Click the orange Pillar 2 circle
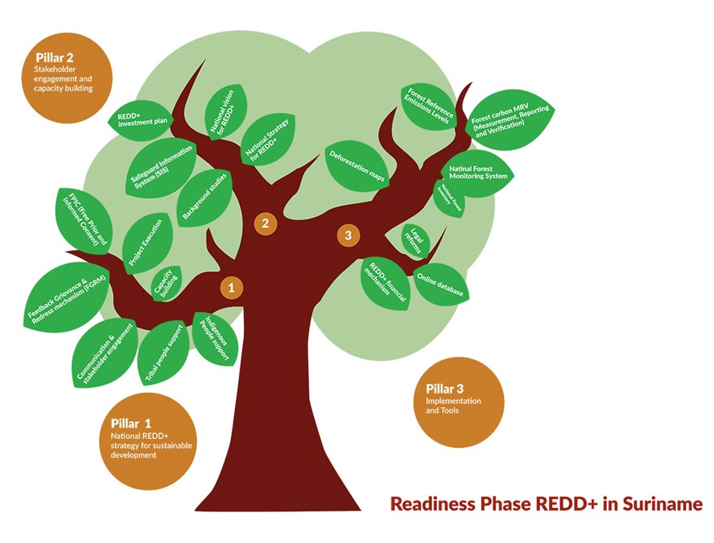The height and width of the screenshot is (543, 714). coord(67,78)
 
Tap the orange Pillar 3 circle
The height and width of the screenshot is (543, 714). coord(459,402)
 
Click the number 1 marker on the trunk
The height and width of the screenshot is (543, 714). coord(231,288)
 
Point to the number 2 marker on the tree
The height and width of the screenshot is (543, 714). coord(265,224)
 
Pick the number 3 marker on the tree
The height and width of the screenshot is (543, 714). coord(348,235)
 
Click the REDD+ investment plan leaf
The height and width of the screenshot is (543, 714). coord(141,120)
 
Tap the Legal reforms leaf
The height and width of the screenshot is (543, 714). coord(415,241)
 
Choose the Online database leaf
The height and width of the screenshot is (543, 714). coord(440,285)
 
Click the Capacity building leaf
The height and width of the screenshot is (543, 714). coord(166,283)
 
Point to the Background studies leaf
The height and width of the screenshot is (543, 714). coord(204,198)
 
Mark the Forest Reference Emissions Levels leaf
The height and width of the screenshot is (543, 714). coord(429,107)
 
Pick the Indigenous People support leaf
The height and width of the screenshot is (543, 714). coord(215,339)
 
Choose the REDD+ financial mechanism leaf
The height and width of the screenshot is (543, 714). coord(385,284)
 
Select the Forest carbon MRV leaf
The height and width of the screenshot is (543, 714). coord(510,119)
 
